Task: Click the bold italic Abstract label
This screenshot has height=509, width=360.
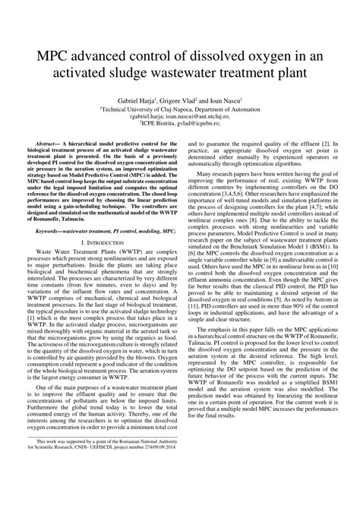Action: [x=51, y=143]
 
